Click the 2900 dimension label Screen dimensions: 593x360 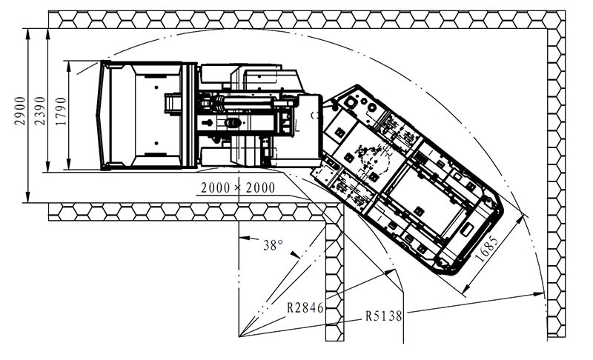coord(20,110)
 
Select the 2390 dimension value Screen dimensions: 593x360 coord(40,110)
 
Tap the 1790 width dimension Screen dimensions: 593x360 coord(61,111)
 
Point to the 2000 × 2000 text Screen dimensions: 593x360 coord(238,187)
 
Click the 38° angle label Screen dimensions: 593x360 coord(273,245)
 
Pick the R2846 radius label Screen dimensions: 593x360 coord(305,307)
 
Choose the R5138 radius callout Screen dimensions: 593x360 coord(383,316)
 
